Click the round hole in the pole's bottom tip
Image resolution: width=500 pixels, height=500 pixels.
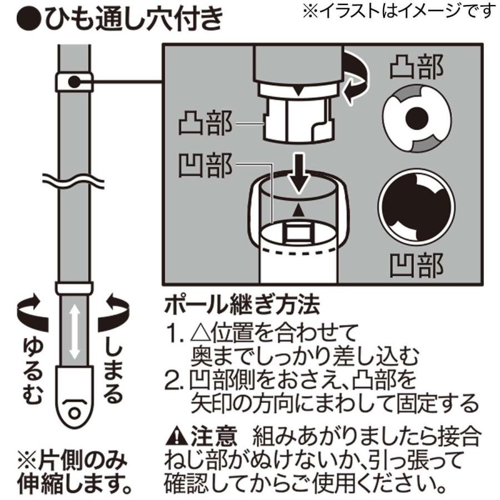73,414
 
